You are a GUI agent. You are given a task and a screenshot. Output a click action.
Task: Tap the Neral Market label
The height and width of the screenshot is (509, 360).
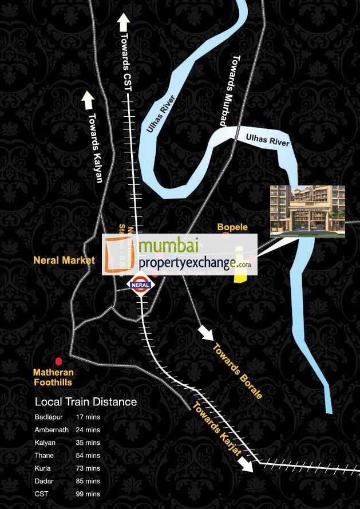(64, 261)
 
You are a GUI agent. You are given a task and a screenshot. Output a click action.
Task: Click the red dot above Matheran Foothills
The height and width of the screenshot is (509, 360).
(58, 361)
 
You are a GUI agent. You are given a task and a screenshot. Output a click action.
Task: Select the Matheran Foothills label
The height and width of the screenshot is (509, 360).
(53, 377)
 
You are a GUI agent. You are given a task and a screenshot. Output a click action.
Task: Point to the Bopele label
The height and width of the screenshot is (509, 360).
(232, 227)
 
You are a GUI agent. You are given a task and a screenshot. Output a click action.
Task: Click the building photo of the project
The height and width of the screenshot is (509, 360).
(307, 211)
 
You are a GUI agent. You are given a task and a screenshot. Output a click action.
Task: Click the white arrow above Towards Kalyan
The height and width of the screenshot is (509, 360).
(88, 100)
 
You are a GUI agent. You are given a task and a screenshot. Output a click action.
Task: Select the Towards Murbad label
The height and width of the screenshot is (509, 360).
(230, 91)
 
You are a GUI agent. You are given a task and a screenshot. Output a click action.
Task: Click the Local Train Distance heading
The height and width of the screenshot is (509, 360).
(86, 402)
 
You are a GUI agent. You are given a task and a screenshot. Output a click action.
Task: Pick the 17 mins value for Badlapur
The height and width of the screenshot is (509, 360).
(88, 417)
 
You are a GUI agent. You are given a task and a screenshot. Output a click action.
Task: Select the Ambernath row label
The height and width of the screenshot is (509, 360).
(52, 430)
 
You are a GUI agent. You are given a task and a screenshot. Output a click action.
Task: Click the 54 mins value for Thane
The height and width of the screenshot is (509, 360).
(88, 456)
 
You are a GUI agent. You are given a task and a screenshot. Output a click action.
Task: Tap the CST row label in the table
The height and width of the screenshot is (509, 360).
(41, 494)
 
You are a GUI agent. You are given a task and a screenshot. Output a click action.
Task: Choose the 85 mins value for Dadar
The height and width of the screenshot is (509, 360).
(88, 482)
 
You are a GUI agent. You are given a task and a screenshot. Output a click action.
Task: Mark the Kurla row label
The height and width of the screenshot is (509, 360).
(43, 468)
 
